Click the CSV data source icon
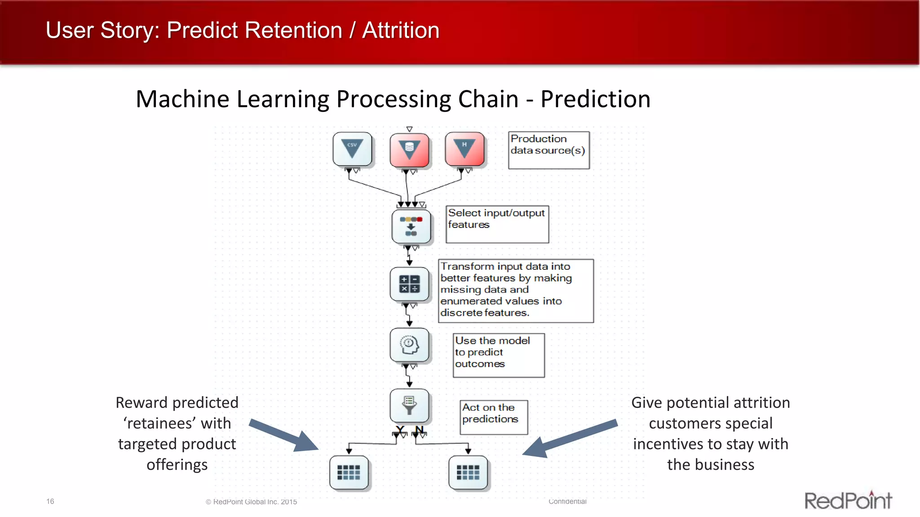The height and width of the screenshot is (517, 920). pos(353,149)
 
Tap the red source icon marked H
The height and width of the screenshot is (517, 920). pos(465,149)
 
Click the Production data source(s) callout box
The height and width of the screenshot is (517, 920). pos(548,150)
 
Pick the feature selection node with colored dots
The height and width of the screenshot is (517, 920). pos(411,227)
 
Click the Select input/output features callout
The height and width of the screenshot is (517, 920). pos(497,224)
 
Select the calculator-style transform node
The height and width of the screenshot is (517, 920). pos(409,284)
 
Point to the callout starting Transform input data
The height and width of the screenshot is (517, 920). pos(516,290)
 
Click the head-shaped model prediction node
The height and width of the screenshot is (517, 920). pos(409,345)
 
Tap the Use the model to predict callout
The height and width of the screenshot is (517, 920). pos(499,355)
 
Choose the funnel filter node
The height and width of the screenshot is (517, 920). pos(409,405)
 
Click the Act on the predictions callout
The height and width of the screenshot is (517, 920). pos(493,417)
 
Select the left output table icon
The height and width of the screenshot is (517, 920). pos(349,472)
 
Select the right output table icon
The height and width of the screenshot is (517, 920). pos(468,472)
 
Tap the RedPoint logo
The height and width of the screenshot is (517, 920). pos(848,500)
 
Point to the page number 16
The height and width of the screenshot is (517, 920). pos(50,501)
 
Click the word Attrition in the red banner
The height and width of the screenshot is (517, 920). pos(401,31)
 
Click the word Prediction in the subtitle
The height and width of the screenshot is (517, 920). pos(595,99)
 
